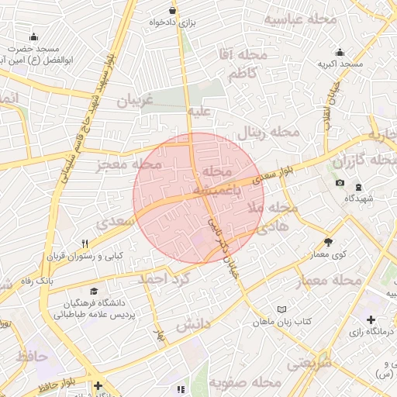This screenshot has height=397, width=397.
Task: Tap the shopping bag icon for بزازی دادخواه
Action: coord(171,10)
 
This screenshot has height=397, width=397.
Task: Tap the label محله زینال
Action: coord(268,132)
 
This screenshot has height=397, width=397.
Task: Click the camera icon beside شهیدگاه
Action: coord(340,183)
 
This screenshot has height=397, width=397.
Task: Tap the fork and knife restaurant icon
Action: coord(85,243)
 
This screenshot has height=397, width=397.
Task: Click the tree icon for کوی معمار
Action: coord(328,242)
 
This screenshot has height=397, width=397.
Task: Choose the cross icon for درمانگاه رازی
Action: coord(371,319)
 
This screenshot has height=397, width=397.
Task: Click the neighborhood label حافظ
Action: coord(31,357)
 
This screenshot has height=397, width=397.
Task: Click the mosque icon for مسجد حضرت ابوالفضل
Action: coord(33,36)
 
